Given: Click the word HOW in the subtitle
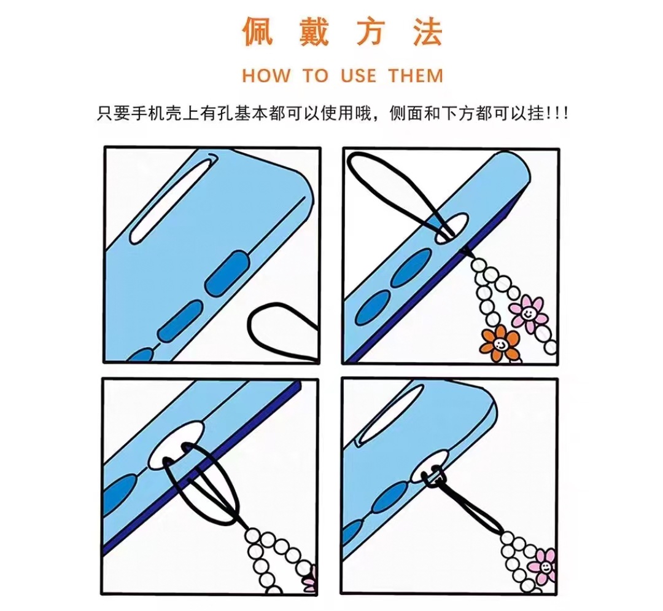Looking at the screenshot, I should coord(266,76).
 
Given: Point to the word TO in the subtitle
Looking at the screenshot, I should coord(316,76).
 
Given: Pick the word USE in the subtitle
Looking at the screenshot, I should coord(359,76).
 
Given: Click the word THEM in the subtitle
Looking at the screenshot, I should coord(416,76).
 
